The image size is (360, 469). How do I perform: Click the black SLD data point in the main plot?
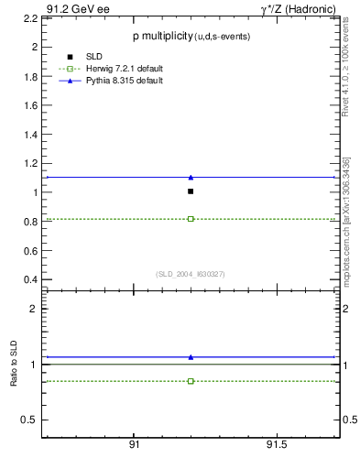click(191, 191)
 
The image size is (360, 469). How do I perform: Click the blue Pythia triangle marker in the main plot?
click(191, 177)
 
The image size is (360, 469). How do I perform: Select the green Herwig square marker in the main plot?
click(191, 219)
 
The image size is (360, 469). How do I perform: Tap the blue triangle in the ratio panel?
click(191, 356)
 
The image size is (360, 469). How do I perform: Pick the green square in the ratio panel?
click(191, 380)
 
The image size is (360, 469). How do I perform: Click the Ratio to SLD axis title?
click(14, 365)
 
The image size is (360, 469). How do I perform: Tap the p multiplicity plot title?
click(191, 36)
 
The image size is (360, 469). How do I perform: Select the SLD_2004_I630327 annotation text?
click(191, 274)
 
